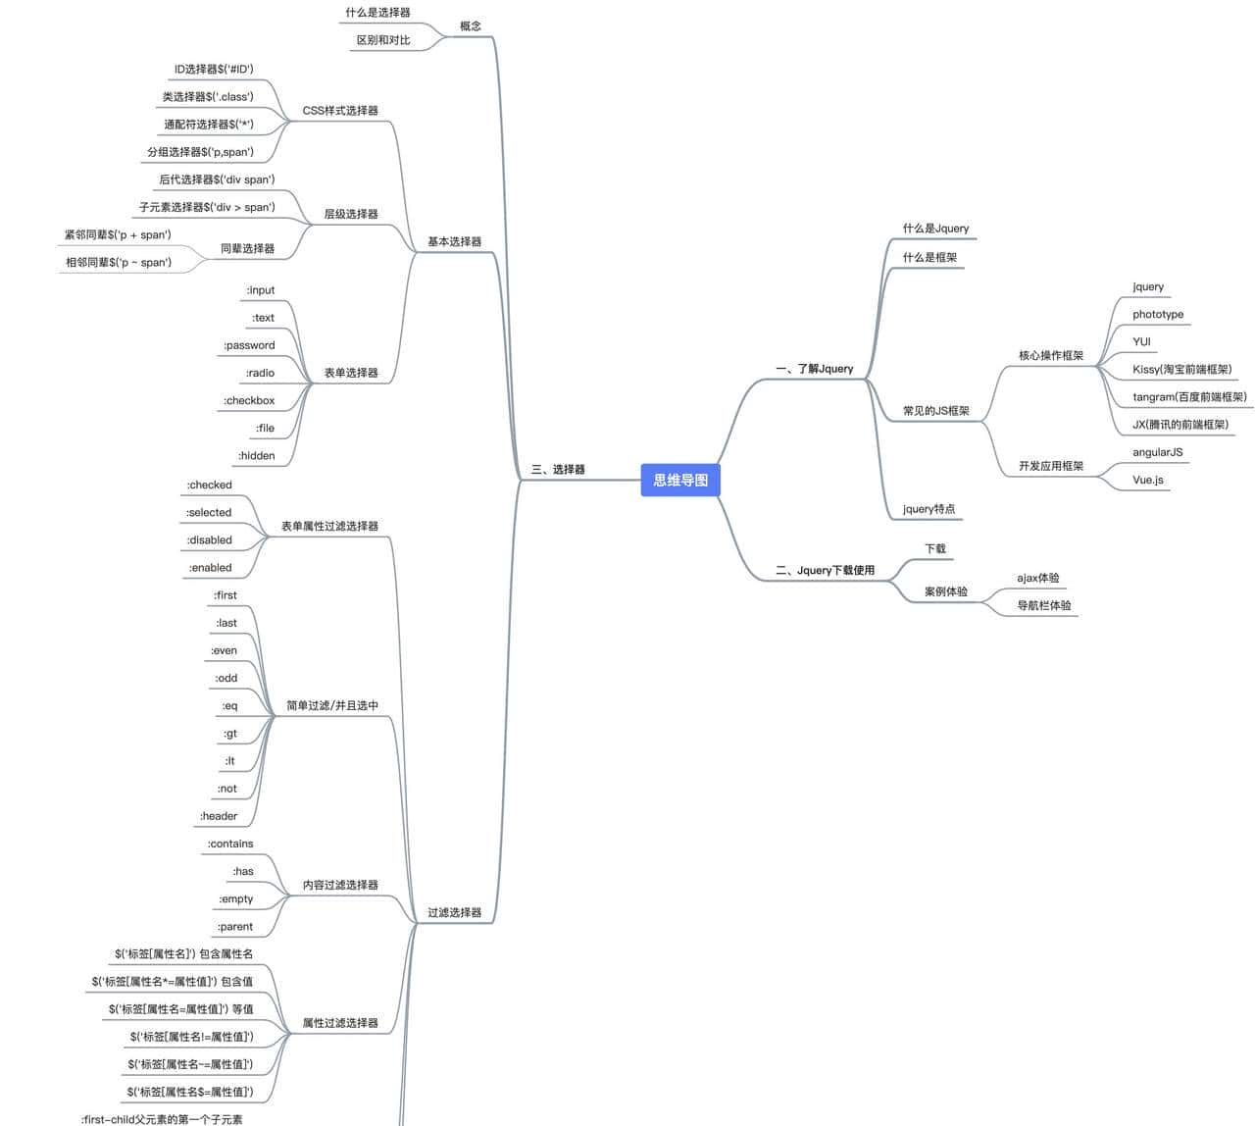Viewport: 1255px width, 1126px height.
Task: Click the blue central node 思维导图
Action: [680, 480]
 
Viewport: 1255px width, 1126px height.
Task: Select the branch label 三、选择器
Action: [558, 470]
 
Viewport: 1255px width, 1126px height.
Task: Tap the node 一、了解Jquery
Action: [814, 369]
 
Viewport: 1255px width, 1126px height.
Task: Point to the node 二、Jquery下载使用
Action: [825, 570]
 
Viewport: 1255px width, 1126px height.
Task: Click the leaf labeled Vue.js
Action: [1148, 480]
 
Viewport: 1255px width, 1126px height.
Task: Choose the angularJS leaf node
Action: [1157, 452]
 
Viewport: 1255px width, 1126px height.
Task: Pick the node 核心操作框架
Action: [1051, 355]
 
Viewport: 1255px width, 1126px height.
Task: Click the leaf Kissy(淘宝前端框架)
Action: [1181, 370]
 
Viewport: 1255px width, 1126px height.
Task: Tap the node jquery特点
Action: [929, 509]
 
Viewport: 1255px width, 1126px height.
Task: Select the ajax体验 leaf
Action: [1037, 578]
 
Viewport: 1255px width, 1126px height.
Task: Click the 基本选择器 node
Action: [454, 241]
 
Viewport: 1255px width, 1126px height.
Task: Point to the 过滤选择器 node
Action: [454, 912]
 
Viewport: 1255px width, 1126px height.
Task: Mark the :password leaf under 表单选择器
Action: [249, 345]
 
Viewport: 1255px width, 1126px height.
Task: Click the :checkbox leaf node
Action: [249, 400]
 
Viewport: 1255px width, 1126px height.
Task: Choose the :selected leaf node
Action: [209, 512]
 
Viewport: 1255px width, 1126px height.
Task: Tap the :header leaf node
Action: [219, 816]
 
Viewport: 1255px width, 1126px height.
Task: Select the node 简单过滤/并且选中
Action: [332, 705]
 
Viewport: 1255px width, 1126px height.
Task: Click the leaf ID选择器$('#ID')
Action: [214, 70]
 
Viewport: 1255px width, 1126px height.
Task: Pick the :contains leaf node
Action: [230, 844]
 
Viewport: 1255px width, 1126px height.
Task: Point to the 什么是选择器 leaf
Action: [377, 13]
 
